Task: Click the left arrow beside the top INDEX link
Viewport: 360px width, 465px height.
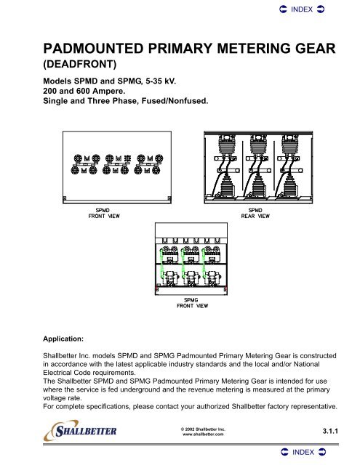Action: (x=283, y=9)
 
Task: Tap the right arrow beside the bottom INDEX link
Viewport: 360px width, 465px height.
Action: (x=322, y=452)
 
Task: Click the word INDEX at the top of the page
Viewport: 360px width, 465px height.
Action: (x=302, y=9)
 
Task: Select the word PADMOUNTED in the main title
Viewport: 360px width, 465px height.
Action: (x=94, y=49)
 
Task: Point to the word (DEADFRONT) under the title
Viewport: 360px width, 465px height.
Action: (x=80, y=64)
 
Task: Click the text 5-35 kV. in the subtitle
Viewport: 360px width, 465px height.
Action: (x=161, y=81)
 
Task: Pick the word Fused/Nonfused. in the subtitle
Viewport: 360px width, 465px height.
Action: (x=175, y=101)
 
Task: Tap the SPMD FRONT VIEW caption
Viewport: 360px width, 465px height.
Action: (x=103, y=213)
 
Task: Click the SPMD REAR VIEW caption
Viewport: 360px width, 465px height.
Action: (x=255, y=213)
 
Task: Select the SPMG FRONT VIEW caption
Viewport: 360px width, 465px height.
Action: (x=192, y=303)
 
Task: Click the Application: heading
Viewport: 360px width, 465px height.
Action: (x=63, y=339)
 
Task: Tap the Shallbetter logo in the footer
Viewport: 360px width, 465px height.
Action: (x=80, y=430)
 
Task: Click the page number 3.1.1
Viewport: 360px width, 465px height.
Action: (x=330, y=431)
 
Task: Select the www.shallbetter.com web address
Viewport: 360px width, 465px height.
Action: (x=203, y=434)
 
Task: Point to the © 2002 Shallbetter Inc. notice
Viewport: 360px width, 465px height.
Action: (x=203, y=429)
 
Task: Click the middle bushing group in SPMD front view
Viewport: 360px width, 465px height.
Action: (x=116, y=164)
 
